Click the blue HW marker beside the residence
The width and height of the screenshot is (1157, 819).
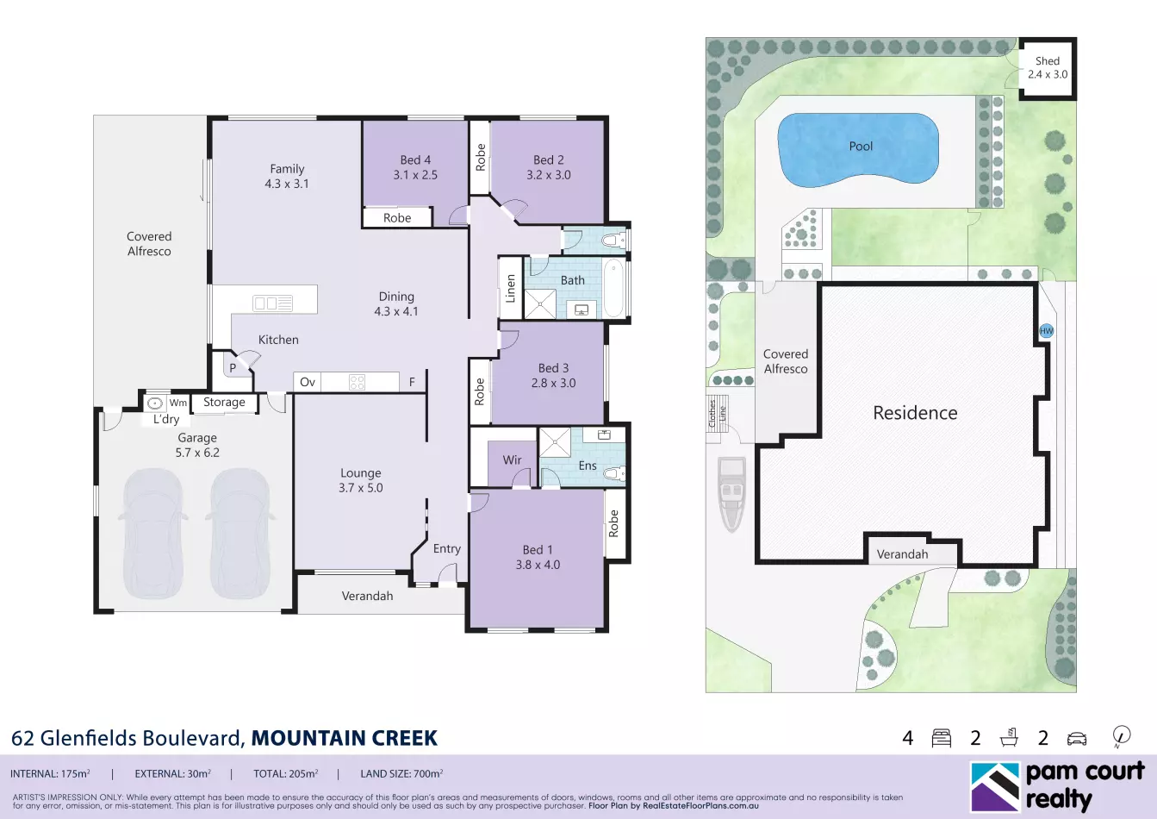tap(1047, 331)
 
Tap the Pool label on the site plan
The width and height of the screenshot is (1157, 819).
tap(861, 147)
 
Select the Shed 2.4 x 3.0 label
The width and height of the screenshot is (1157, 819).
tap(1048, 68)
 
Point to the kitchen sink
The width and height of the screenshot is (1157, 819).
tap(273, 303)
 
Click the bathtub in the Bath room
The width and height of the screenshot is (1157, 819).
tap(613, 288)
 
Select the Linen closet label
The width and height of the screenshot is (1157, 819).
tap(510, 288)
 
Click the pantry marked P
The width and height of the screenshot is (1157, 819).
tap(233, 368)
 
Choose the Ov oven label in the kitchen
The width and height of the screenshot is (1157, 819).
tap(308, 382)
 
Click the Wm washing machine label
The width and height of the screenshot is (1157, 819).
tap(178, 403)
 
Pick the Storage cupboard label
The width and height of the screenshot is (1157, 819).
tap(224, 402)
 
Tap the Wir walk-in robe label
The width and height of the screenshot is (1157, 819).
tap(512, 460)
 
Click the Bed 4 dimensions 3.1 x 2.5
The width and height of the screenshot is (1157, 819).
tap(415, 175)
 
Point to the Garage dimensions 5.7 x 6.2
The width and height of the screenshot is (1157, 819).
tap(197, 453)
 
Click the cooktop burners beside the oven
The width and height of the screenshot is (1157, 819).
tap(357, 382)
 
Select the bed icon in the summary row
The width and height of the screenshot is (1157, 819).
tap(942, 738)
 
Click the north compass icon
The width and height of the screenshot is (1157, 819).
tap(1122, 737)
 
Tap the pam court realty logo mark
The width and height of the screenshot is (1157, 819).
tap(995, 786)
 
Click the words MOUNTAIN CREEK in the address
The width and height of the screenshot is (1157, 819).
tap(345, 738)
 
